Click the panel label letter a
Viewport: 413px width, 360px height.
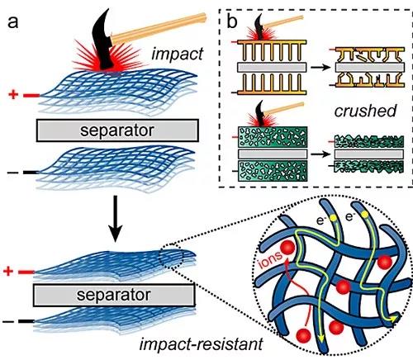click(x=12, y=22)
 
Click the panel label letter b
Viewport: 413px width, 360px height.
click(x=232, y=21)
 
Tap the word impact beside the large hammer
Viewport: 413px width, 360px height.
click(x=178, y=54)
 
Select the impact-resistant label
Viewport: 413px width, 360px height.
click(x=201, y=344)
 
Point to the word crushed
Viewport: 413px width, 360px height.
click(x=365, y=111)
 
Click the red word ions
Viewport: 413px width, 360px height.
click(x=271, y=259)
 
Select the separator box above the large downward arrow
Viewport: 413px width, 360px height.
click(x=117, y=130)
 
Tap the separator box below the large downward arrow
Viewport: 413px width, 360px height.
click(x=114, y=295)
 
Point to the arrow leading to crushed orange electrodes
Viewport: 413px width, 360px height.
click(x=320, y=67)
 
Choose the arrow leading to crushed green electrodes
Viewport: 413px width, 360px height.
click(x=320, y=154)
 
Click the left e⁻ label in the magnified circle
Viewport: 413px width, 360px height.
click(x=321, y=220)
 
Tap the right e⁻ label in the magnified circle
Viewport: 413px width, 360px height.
click(x=349, y=217)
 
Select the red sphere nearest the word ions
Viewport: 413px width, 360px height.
click(x=287, y=247)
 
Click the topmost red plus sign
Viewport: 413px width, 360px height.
click(x=13, y=95)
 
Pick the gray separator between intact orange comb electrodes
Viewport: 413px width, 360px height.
click(x=272, y=68)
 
